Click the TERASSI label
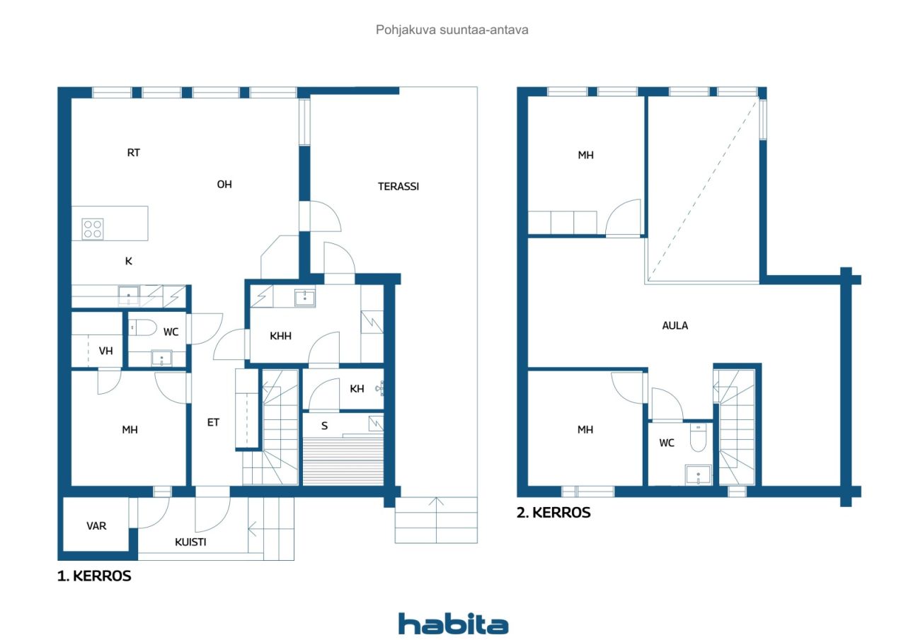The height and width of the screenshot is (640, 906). pyautogui.click(x=398, y=187)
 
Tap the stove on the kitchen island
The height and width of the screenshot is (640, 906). pyautogui.click(x=93, y=228)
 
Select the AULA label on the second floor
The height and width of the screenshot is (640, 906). pyautogui.click(x=675, y=326)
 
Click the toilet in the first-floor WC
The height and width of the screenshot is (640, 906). pyautogui.click(x=144, y=327)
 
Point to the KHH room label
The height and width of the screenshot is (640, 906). pyautogui.click(x=280, y=336)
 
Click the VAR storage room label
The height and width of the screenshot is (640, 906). pyautogui.click(x=96, y=526)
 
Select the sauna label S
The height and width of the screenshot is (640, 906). pyautogui.click(x=325, y=426)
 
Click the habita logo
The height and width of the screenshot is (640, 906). pyautogui.click(x=453, y=624)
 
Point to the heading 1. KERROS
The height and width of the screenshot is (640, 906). pyautogui.click(x=94, y=576)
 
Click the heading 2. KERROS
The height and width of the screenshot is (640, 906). pyautogui.click(x=554, y=513)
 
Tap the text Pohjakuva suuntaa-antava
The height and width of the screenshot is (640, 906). pyautogui.click(x=452, y=30)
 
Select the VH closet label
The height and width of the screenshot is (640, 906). pyautogui.click(x=106, y=350)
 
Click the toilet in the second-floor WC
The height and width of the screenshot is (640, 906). pyautogui.click(x=698, y=439)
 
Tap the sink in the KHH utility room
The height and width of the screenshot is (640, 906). pyautogui.click(x=305, y=297)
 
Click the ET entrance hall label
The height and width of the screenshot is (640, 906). pyautogui.click(x=213, y=423)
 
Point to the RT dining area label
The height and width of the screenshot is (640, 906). pyautogui.click(x=133, y=152)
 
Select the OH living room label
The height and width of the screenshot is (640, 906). pyautogui.click(x=224, y=185)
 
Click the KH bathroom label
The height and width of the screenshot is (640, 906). pyautogui.click(x=357, y=388)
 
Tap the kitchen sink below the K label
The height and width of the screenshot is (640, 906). pyautogui.click(x=128, y=294)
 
